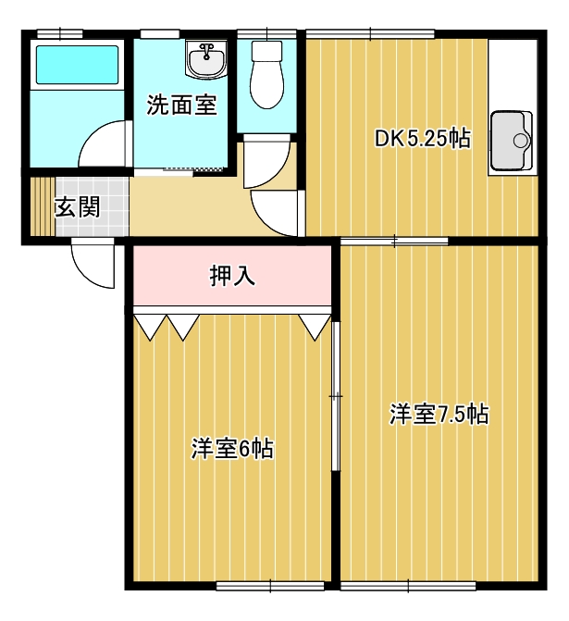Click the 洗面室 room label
(181, 105)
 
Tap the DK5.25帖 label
(423, 139)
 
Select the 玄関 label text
(77, 207)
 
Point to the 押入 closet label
(232, 276)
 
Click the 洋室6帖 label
(232, 448)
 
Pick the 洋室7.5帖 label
(439, 414)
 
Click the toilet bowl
(267, 75)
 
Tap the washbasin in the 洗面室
(206, 59)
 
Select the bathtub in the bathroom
(77, 65)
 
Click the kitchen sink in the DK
(512, 141)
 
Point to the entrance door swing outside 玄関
(93, 264)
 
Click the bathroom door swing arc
(105, 143)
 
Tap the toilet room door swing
(266, 161)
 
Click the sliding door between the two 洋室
(336, 396)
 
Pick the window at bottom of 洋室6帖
(270, 586)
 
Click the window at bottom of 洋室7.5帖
(408, 586)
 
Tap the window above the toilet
(266, 33)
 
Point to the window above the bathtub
(60, 33)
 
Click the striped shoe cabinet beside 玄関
(43, 206)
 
